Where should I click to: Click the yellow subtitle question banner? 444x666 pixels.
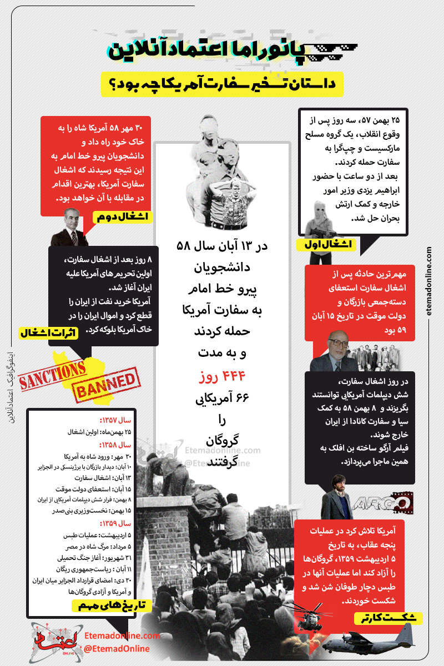pyautogui.click(x=222, y=84)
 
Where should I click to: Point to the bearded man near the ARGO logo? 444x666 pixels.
pyautogui.click(x=337, y=494)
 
